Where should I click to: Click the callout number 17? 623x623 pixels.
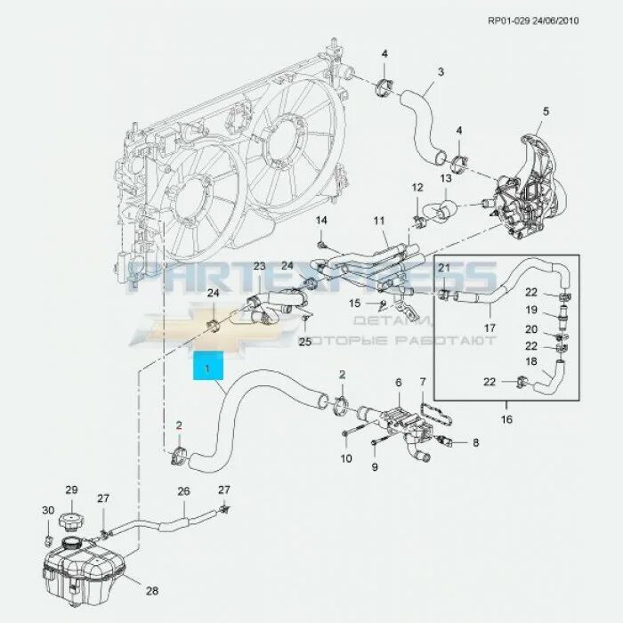click(x=489, y=328)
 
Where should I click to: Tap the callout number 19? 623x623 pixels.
click(x=555, y=311)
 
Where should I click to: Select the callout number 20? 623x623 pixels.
click(x=555, y=329)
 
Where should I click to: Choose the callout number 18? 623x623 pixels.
click(x=555, y=363)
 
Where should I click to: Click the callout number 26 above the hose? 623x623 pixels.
click(x=184, y=490)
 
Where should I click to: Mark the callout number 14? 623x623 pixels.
click(x=322, y=220)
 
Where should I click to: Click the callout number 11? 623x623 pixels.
click(x=379, y=220)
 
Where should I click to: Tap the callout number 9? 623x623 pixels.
click(x=374, y=466)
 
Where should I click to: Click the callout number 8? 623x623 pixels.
click(x=475, y=442)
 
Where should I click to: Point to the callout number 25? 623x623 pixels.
click(x=305, y=342)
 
